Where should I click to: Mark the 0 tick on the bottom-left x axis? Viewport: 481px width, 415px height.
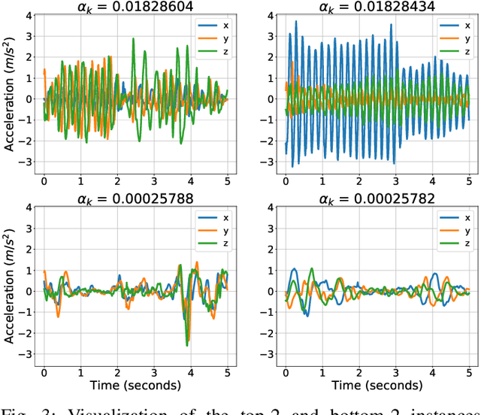pyautogui.click(x=44, y=372)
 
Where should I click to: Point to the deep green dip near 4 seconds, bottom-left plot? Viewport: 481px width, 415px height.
pyautogui.click(x=186, y=344)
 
